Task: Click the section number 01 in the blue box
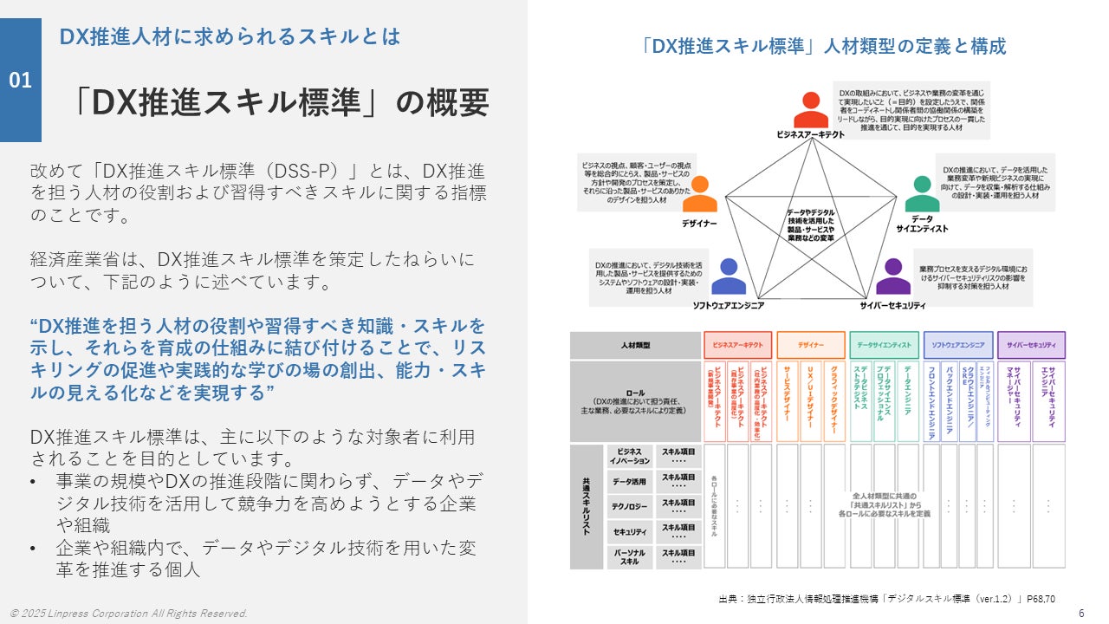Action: [21, 81]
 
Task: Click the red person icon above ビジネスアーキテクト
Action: [810, 110]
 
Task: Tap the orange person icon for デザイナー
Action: [700, 194]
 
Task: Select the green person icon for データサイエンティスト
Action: [922, 194]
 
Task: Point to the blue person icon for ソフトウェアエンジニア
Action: [728, 276]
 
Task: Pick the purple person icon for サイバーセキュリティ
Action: [893, 276]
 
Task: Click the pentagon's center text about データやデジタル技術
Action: [810, 224]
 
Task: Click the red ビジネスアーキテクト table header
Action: [736, 345]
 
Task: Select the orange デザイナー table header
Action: [810, 345]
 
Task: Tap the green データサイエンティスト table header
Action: [884, 345]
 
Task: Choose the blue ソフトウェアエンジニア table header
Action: [958, 345]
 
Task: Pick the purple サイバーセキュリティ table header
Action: [1031, 345]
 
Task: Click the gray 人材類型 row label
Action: [635, 345]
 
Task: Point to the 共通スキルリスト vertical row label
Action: [586, 507]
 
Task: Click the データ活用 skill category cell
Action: [628, 482]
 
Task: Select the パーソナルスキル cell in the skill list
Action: [628, 556]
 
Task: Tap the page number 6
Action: [1081, 613]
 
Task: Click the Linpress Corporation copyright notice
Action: [129, 614]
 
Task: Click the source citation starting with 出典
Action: [886, 598]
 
